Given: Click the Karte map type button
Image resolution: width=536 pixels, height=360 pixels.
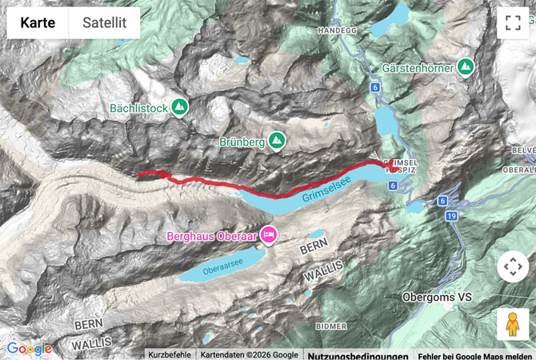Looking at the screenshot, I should click(38, 23).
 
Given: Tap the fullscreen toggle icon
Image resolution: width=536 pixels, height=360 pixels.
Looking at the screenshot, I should click(512, 22).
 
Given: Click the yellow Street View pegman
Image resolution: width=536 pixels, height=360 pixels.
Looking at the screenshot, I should click(512, 324).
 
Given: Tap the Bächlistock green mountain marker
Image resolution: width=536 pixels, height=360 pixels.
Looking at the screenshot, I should click(179, 106).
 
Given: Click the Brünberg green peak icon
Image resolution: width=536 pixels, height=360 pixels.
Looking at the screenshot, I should click(277, 140).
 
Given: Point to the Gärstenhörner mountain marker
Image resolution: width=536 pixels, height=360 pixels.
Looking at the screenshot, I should click(465, 67).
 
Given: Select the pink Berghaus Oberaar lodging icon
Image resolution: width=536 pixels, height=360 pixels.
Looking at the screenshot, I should click(270, 235).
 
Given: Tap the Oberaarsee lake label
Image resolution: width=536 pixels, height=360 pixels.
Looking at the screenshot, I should click(218, 270).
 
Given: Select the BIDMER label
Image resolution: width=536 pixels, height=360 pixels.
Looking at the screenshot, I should click(331, 326).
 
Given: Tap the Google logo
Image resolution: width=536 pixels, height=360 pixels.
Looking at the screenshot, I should click(29, 349).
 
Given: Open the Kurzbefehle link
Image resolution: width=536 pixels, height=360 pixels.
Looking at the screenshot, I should click(170, 354).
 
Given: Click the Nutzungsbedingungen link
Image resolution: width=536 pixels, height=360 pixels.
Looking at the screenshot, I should click(358, 354).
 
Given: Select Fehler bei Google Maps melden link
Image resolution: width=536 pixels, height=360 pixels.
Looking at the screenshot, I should click(474, 354).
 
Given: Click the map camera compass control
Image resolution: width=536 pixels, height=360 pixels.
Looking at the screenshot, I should click(512, 266).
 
